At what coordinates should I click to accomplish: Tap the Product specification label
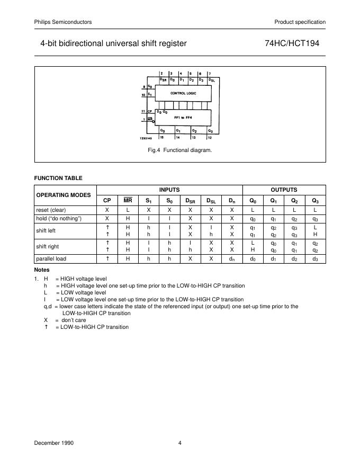point(300,22)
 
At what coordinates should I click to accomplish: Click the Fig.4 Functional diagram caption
point(180,150)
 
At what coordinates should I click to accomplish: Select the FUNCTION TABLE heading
point(58,178)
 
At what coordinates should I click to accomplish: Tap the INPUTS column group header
point(169,190)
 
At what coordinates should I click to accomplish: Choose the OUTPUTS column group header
point(284,190)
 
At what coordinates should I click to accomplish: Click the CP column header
point(107,200)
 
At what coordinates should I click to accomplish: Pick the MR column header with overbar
point(128,200)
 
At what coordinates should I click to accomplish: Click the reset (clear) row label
point(51,210)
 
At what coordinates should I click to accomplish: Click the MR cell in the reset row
point(128,210)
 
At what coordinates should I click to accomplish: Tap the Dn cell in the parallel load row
point(231,259)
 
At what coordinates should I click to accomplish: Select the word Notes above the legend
point(42,270)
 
